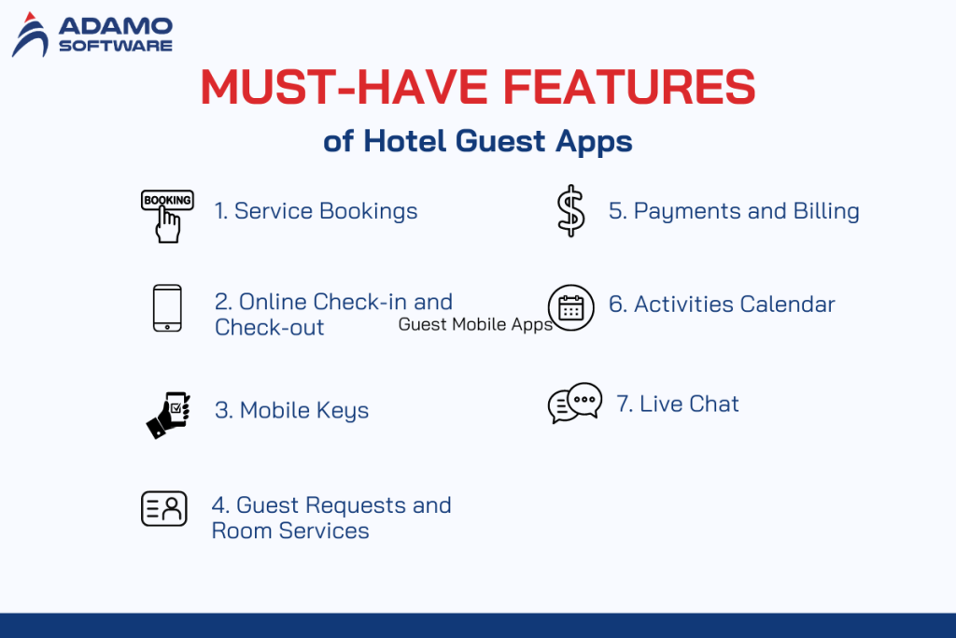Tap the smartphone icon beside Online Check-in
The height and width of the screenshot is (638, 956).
[x=166, y=308]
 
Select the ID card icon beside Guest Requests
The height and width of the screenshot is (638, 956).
[x=163, y=508]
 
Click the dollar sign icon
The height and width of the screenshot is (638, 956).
[x=570, y=210]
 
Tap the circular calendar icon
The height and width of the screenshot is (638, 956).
[x=570, y=307]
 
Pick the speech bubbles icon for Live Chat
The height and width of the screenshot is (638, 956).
[x=574, y=404]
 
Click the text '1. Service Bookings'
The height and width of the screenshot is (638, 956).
[x=316, y=211]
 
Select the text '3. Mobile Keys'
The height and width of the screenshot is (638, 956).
[x=291, y=410]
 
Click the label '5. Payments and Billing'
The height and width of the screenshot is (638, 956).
[x=734, y=211]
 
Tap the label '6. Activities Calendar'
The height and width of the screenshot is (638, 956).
[x=722, y=305]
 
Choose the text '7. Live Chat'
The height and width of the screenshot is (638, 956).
[x=678, y=404]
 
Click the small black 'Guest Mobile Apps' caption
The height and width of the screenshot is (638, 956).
[x=475, y=325]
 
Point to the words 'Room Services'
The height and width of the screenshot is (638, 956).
[x=290, y=532]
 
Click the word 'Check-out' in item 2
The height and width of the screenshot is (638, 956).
[x=270, y=328]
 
